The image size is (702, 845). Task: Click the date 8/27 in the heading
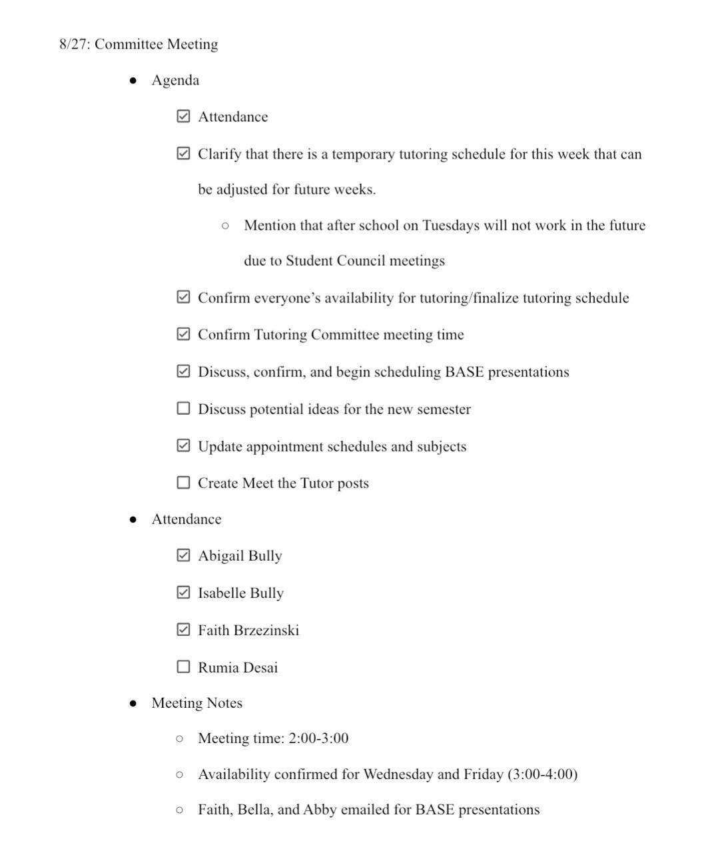coord(73,45)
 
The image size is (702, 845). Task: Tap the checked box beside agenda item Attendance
coord(184,117)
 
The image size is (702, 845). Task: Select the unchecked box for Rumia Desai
coord(184,667)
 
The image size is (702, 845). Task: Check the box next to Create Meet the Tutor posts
coord(184,483)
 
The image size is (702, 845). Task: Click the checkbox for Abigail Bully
coord(184,555)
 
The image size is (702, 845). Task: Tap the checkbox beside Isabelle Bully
coord(184,593)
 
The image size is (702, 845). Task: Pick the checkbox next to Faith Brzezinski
coord(184,630)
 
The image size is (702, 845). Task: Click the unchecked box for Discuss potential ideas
coord(184,408)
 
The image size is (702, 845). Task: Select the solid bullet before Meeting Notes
coord(134,703)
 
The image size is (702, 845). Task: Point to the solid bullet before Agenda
coord(134,81)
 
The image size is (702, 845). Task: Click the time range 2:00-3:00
coord(318,738)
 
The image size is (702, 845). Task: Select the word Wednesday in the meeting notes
coord(398,774)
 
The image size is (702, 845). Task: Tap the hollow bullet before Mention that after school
coord(226,226)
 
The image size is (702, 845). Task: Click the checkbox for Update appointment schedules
coord(184,445)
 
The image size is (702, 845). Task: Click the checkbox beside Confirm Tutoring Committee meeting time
coord(184,334)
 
